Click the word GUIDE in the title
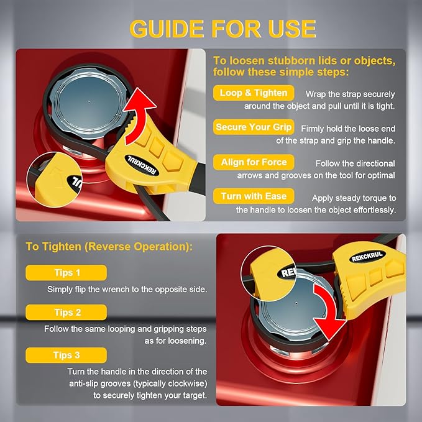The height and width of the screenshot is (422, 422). coord(167,29)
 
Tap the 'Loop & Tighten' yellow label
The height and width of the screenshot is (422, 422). coord(254,93)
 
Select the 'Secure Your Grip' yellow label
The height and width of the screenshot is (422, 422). coord(254,127)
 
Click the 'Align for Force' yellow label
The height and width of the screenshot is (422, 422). coord(254,162)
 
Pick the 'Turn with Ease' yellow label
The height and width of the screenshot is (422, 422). coord(254,196)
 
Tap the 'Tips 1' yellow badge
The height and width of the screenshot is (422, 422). coord(67,273)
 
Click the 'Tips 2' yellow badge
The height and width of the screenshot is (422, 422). coord(67,313)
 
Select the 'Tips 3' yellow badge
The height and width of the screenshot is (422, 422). coord(67,355)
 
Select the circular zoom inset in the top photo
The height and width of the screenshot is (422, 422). coord(55,180)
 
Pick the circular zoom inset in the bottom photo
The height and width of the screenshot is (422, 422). coord(268,273)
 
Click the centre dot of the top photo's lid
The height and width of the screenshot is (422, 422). coord(89,102)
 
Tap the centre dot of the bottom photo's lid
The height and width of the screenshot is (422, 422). coord(296,303)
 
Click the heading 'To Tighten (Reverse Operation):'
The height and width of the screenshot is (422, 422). coord(109,247)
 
